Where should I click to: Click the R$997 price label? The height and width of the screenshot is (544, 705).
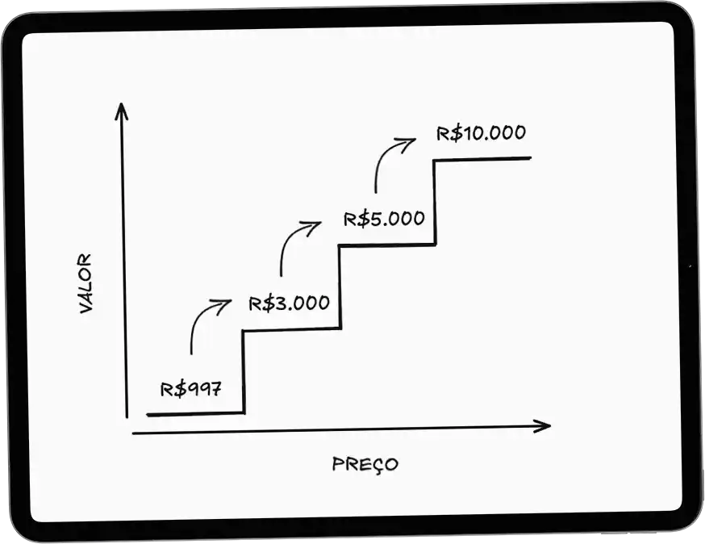click(190, 389)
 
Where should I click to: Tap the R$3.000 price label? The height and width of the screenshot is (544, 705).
click(289, 303)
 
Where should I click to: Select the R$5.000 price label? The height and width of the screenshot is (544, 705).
click(384, 219)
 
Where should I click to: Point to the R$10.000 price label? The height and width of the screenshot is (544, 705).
click(481, 133)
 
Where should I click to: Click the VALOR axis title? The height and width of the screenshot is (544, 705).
click(85, 283)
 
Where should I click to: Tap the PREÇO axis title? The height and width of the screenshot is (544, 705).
click(365, 464)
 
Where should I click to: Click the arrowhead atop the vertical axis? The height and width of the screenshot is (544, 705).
click(121, 111)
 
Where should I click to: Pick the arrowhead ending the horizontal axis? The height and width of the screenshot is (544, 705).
click(542, 426)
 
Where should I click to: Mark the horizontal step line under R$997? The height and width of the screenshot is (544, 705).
click(195, 413)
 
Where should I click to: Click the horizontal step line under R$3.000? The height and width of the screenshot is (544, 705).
click(291, 329)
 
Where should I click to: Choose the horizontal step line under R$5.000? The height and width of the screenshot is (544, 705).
click(387, 245)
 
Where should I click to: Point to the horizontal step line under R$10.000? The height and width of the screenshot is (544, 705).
click(482, 159)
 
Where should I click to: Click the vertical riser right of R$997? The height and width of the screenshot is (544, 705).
click(244, 371)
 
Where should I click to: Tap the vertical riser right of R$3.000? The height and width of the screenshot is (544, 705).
click(340, 287)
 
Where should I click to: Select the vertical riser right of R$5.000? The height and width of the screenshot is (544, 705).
click(435, 202)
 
